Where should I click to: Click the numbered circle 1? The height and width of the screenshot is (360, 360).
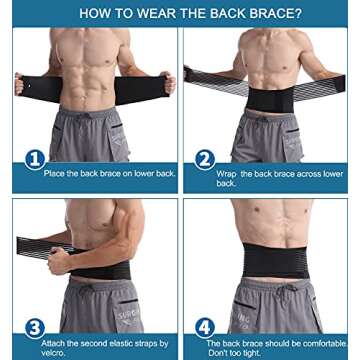pyautogui.click(x=36, y=160)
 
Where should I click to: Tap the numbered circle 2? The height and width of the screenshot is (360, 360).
pyautogui.click(x=205, y=160)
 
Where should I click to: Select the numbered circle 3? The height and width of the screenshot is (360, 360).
pyautogui.click(x=36, y=327)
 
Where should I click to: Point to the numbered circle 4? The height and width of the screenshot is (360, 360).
pyautogui.click(x=205, y=327)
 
